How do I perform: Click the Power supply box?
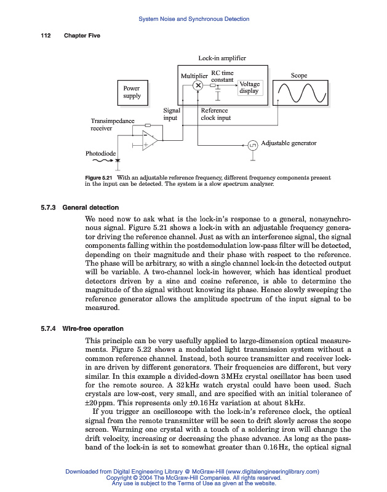pos(132,92)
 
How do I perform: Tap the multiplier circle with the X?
pos(198,85)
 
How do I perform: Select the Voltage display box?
pos(249,87)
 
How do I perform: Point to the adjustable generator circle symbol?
pos(253,145)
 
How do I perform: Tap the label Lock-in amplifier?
pos(221,58)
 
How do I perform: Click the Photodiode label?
pos(100,152)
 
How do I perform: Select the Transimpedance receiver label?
pos(112,125)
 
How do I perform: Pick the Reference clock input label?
pos(216,114)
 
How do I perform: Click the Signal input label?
pos(171,114)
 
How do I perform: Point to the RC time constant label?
pos(222,76)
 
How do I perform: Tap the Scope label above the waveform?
pos(299,75)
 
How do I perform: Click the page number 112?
pos(45,36)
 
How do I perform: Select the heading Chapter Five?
pos(82,36)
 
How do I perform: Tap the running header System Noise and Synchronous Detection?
pos(193,19)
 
